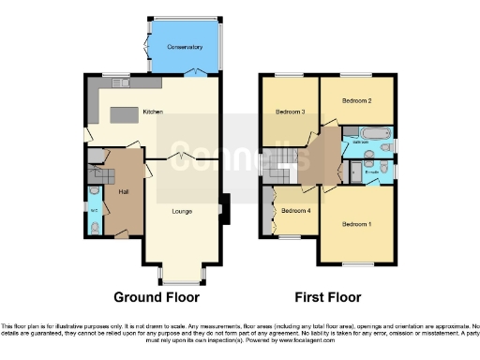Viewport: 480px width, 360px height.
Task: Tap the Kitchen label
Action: click(x=152, y=112)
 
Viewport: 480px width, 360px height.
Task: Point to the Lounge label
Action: click(x=182, y=211)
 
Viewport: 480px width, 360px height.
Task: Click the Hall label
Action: click(x=123, y=191)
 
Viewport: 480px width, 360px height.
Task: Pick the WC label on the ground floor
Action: click(x=94, y=209)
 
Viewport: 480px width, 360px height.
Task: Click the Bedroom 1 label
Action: click(x=355, y=224)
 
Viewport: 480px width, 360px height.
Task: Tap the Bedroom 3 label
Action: click(x=290, y=112)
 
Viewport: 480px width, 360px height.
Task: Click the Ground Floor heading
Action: click(x=157, y=297)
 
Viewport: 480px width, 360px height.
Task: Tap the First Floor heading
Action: click(x=329, y=297)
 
